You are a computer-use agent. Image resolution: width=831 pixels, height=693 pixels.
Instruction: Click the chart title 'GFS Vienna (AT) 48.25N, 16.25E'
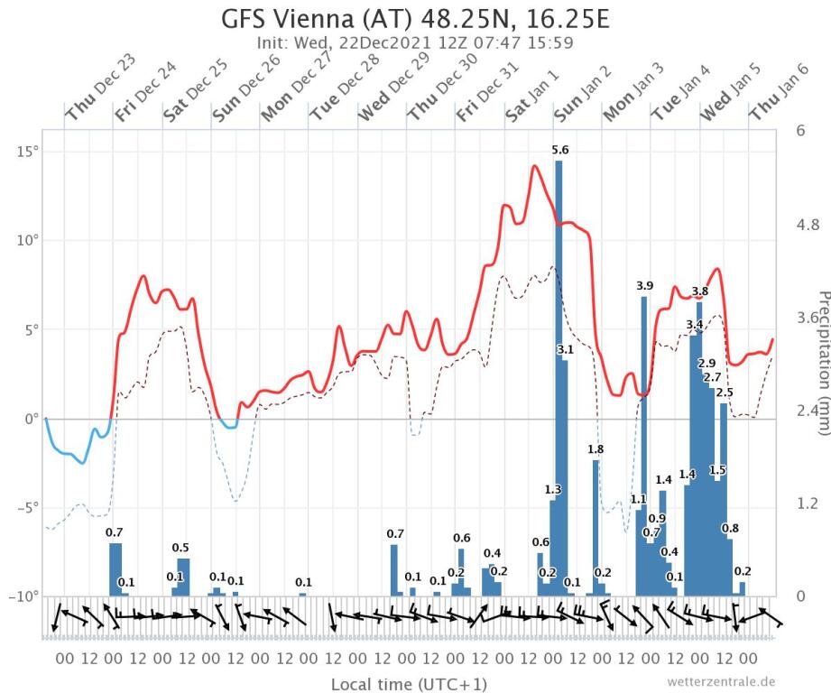coord(415,18)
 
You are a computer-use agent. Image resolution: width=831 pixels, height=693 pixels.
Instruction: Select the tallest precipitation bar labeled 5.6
coord(559,379)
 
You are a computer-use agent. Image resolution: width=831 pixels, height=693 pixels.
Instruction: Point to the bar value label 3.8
coord(700,291)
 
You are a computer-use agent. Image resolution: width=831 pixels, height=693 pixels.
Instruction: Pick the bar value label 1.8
coord(596,448)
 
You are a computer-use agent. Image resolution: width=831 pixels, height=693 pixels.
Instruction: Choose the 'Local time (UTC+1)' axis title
coord(396,683)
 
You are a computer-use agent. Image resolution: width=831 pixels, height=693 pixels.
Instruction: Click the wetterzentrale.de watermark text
coord(721,681)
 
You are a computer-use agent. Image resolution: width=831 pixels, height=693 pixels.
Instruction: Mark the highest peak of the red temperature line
coord(535,166)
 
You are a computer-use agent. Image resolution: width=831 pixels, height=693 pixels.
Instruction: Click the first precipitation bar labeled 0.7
coord(115,568)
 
